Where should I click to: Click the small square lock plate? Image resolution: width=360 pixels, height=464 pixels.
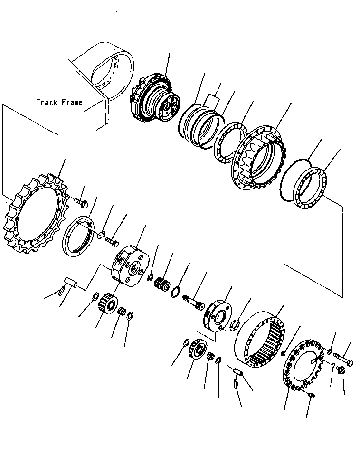click(x=101, y=233)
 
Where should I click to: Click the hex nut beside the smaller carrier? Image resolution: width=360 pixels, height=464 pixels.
click(x=234, y=326)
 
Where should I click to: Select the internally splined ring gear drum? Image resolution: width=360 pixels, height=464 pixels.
click(x=265, y=340)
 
